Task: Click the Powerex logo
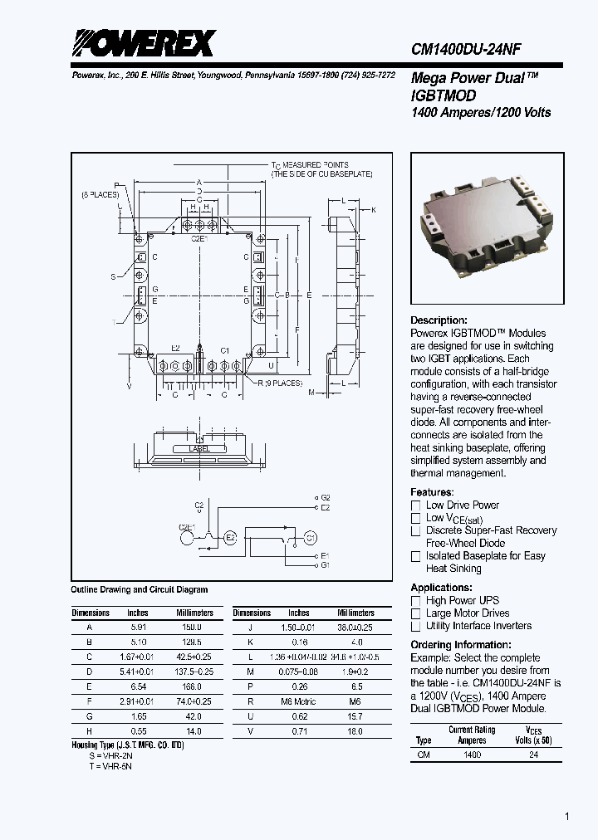(143, 43)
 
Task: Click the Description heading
(439, 320)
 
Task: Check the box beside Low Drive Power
(416, 505)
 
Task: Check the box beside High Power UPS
(416, 601)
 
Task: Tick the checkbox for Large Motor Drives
(416, 613)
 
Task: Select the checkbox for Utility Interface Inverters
(416, 627)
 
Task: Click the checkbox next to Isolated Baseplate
(416, 556)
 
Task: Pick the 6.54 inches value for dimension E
(137, 686)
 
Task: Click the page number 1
(567, 817)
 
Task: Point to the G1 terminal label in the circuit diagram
(325, 564)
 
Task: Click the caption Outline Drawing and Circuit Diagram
(140, 590)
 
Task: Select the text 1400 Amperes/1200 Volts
(481, 112)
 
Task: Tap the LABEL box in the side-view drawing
(199, 448)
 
